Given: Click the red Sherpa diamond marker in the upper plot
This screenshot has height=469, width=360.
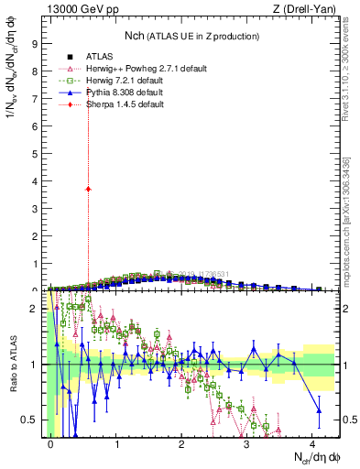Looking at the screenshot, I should tap(88, 189).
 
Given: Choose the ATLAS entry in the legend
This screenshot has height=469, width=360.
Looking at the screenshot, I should tap(99, 56).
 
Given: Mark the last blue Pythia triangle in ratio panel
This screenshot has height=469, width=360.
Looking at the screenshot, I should tap(319, 411).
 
